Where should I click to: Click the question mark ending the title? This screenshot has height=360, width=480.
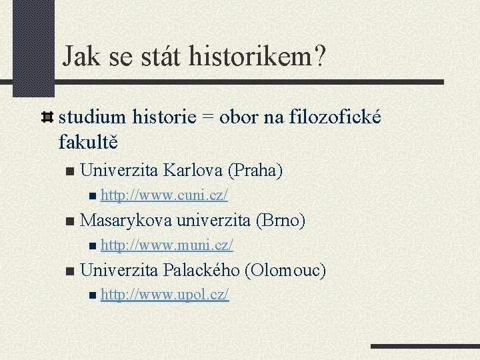click(x=319, y=57)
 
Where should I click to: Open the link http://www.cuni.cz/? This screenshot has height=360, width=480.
click(x=165, y=195)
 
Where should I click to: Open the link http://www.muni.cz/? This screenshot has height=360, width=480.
click(x=167, y=245)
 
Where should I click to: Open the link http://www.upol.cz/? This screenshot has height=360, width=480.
click(x=165, y=294)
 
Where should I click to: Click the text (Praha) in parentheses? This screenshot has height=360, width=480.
click(x=255, y=171)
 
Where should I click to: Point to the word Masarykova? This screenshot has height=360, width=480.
click(x=125, y=220)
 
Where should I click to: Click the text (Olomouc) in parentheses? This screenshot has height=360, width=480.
click(x=285, y=270)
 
